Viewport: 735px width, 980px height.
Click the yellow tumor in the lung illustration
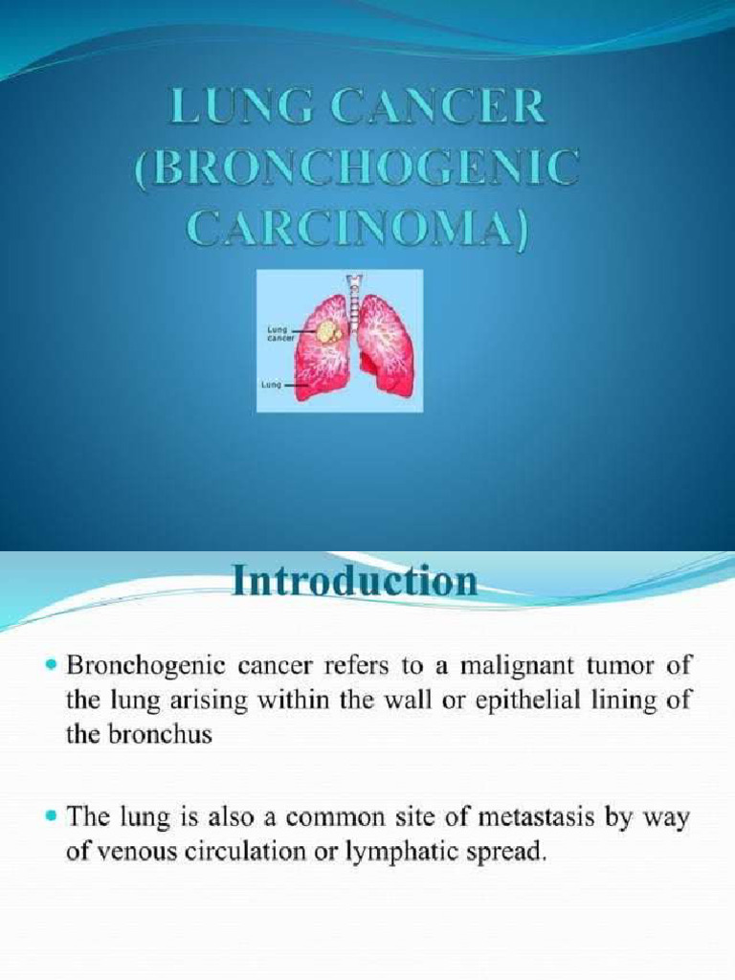coord(328,332)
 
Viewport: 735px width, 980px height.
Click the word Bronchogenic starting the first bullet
coord(138,663)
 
